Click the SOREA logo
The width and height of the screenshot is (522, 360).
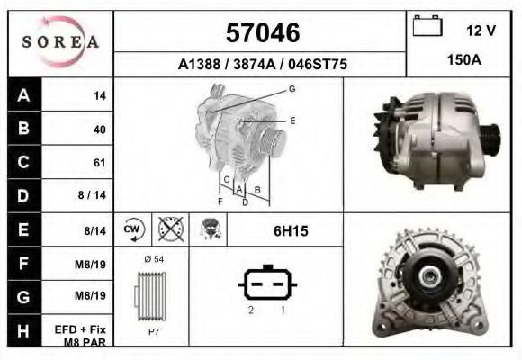pyautogui.click(x=60, y=42)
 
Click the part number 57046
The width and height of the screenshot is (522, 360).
pyautogui.click(x=262, y=33)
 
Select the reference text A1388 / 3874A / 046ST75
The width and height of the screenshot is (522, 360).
pyautogui.click(x=262, y=65)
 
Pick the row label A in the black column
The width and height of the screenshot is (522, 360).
pyautogui.click(x=24, y=94)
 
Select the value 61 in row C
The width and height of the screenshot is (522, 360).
pyautogui.click(x=99, y=163)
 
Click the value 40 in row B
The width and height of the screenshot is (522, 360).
pyautogui.click(x=99, y=129)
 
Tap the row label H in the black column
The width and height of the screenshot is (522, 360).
pyautogui.click(x=24, y=331)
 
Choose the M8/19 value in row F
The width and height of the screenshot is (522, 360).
pyautogui.click(x=94, y=264)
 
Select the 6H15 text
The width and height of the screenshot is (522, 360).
pyautogui.click(x=290, y=231)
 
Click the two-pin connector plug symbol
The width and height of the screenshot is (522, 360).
pyautogui.click(x=266, y=284)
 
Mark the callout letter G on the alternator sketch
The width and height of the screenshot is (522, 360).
pyautogui.click(x=292, y=89)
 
